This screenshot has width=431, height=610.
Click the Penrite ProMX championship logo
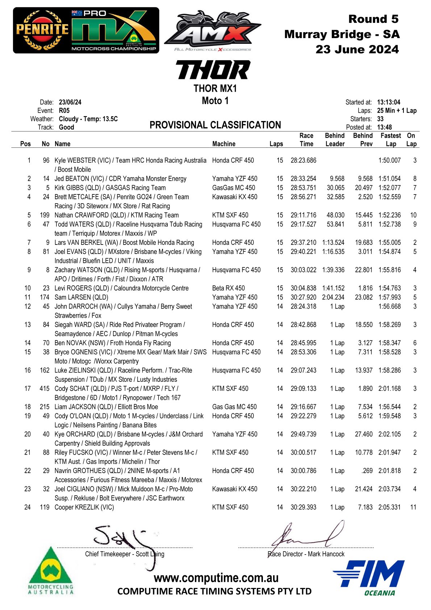click(x=86, y=30)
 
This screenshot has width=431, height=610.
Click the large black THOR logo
click(x=213, y=70)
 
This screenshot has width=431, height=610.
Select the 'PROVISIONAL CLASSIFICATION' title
click(x=215, y=125)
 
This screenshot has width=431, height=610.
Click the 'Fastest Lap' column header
click(x=390, y=139)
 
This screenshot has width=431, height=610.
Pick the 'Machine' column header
click(x=224, y=144)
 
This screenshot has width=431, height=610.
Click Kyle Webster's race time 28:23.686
click(x=303, y=160)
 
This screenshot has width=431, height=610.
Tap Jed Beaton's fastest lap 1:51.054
click(x=389, y=179)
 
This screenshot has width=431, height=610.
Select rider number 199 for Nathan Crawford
click(x=45, y=215)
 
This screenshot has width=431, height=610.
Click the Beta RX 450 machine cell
click(x=229, y=288)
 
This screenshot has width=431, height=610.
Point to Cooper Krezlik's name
click(x=84, y=507)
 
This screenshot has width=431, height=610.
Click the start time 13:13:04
click(x=389, y=102)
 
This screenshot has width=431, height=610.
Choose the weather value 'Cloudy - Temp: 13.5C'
click(x=88, y=119)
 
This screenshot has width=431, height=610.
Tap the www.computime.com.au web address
click(x=216, y=578)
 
